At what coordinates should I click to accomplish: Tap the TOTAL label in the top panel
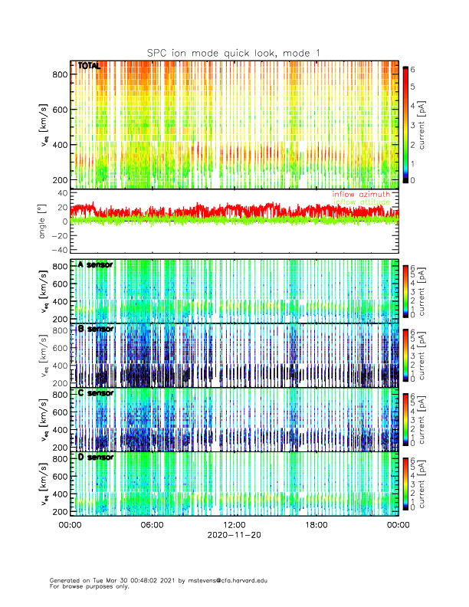click(90, 67)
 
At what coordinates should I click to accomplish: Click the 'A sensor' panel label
click(96, 264)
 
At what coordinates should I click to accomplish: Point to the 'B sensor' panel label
click(96, 329)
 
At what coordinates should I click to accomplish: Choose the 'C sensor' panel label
click(96, 393)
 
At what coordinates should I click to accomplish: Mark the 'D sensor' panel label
click(96, 458)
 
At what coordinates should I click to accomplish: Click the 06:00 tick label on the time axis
click(152, 525)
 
